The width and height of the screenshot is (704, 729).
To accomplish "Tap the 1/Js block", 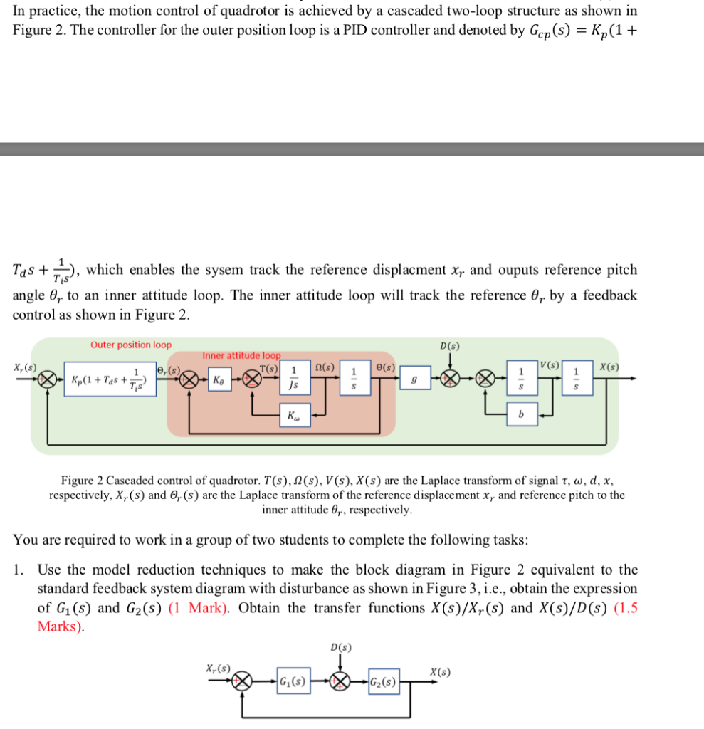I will pos(293,379).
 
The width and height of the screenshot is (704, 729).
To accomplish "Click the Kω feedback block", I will pos(293,415).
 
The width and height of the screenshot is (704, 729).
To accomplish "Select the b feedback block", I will pos(522,414).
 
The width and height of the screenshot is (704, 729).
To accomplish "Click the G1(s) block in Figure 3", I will pos(292,681).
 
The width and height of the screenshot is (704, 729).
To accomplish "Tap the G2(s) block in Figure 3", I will pos(383,681).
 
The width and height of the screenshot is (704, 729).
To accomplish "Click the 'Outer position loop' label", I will pos(131,345).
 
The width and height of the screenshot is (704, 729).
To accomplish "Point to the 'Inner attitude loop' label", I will pos(242,355).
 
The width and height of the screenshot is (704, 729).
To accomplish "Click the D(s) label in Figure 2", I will pos(449,346).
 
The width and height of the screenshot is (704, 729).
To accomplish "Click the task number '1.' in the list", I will pos(20,570).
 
